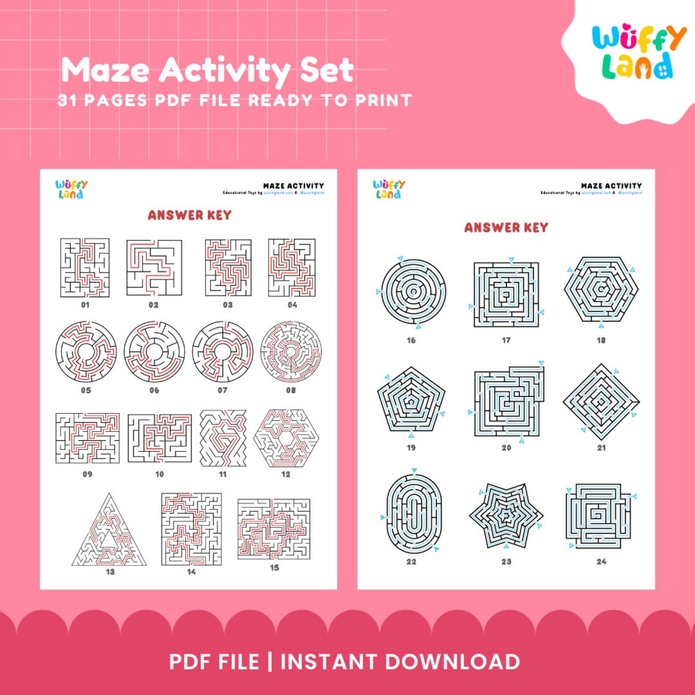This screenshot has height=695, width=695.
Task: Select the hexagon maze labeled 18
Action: [601, 289]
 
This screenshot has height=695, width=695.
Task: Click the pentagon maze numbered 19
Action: [412, 401]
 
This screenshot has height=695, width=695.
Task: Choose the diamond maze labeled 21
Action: [601, 401]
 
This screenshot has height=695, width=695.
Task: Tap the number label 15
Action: [274, 568]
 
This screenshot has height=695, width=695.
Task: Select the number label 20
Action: [506, 447]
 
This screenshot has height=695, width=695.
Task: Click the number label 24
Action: [601, 561]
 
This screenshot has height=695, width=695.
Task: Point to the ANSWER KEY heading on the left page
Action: [189, 215]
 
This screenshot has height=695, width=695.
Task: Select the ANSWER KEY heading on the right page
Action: [506, 227]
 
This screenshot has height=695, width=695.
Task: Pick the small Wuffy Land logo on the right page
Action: [389, 189]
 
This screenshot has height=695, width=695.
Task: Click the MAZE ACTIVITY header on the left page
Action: [293, 185]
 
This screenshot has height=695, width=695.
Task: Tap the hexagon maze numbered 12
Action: [285, 438]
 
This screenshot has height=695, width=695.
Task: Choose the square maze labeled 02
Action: [154, 267]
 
